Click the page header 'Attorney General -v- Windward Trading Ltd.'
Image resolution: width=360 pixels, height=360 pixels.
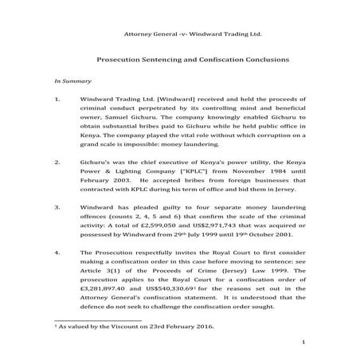190,35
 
